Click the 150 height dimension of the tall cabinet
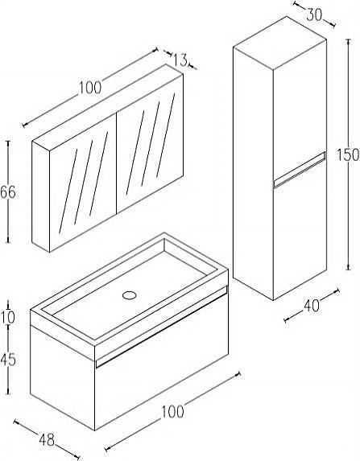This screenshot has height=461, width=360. (348, 154)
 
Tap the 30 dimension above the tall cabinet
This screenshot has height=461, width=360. (314, 14)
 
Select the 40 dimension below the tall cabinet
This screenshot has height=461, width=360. (312, 306)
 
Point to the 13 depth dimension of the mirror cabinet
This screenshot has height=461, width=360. (180, 60)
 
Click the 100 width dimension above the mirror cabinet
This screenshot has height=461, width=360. (90, 88)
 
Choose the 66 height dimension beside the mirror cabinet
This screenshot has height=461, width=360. (8, 192)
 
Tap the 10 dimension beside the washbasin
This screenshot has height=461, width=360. (8, 318)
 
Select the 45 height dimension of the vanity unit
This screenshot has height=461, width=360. (8, 360)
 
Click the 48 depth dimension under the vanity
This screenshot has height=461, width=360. (47, 440)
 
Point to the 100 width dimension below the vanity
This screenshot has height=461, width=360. (172, 411)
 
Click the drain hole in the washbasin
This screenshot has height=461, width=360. (130, 295)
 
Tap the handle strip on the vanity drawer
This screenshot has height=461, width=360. (162, 326)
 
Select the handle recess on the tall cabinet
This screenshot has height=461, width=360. (300, 170)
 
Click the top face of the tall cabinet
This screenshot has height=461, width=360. (280, 43)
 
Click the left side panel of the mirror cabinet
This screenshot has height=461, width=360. (40, 196)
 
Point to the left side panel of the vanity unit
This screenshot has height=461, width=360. (63, 373)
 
